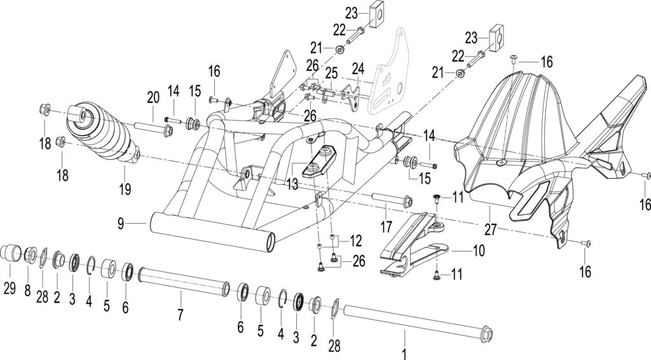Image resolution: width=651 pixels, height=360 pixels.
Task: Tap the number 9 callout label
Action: [x=121, y=225]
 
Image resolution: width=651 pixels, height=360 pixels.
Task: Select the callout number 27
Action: [x=490, y=229]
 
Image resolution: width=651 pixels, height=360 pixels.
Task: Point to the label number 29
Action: [x=10, y=287]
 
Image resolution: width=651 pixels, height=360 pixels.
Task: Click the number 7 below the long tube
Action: [x=180, y=314]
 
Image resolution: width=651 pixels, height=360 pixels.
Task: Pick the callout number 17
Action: [x=386, y=226]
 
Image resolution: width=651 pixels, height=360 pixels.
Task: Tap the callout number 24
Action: [x=358, y=69]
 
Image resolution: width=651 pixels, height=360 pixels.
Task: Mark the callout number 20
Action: [x=153, y=98]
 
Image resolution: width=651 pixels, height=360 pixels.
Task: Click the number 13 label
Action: [x=292, y=184]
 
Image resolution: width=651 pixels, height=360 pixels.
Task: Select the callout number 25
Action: [x=331, y=73]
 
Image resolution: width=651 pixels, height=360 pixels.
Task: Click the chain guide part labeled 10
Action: [x=414, y=245]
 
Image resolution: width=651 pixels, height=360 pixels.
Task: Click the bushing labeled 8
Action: [x=31, y=254]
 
